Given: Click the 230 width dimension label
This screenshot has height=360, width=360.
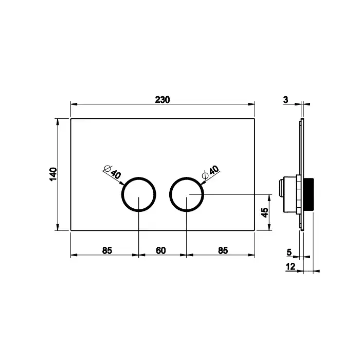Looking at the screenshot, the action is coord(163,100).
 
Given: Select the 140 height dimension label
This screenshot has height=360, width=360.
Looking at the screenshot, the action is coord(53,174).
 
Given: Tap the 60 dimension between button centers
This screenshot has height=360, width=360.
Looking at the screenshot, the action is coord(160,250).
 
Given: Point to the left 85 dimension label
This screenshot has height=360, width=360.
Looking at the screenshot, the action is coord(107,250).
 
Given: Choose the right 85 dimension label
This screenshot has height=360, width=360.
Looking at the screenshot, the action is coord(223,250).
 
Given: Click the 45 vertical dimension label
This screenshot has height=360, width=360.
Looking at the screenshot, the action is coord(265,212).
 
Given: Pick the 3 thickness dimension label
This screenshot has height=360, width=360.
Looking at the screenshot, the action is coord(285,100).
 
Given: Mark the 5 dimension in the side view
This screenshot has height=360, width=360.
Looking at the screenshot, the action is coord(289,253).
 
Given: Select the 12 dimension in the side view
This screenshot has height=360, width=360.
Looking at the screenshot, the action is coord(291,266).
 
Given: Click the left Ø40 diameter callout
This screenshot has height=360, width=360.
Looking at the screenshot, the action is coord(113,172).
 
